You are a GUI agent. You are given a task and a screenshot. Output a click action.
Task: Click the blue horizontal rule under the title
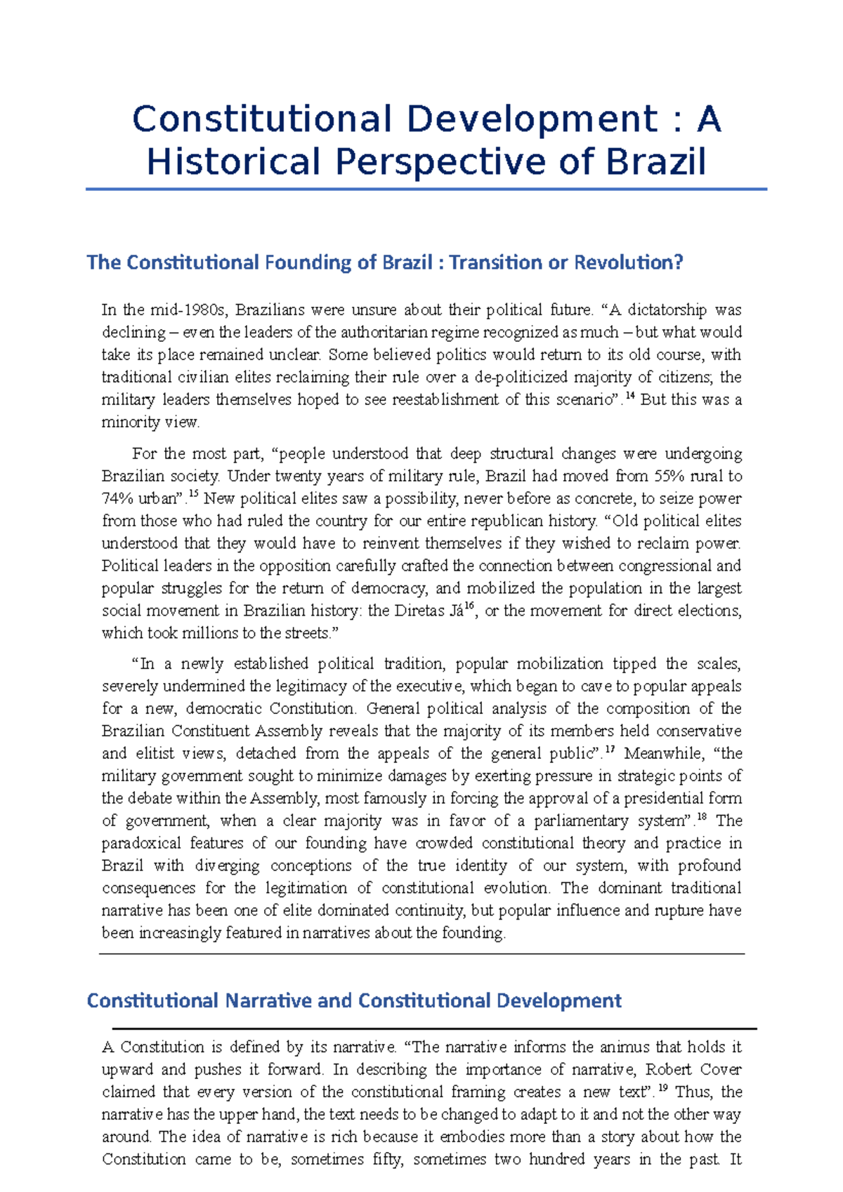(x=426, y=190)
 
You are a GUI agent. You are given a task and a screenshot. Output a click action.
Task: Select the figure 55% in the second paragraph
(x=673, y=476)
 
